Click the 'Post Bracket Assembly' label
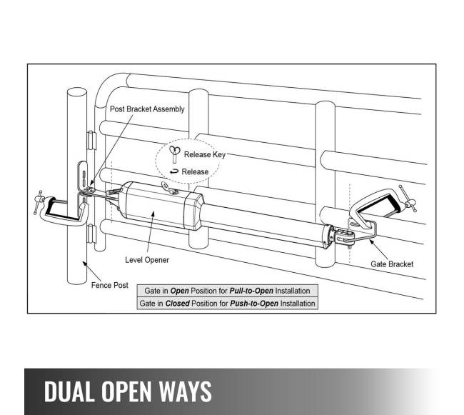(146, 109)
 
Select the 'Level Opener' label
(147, 260)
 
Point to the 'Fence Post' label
(110, 285)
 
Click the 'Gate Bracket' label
(391, 264)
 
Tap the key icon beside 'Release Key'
(174, 154)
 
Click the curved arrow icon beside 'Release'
(174, 171)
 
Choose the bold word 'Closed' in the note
(178, 303)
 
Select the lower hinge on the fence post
(89, 234)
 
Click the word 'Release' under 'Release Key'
(195, 171)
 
